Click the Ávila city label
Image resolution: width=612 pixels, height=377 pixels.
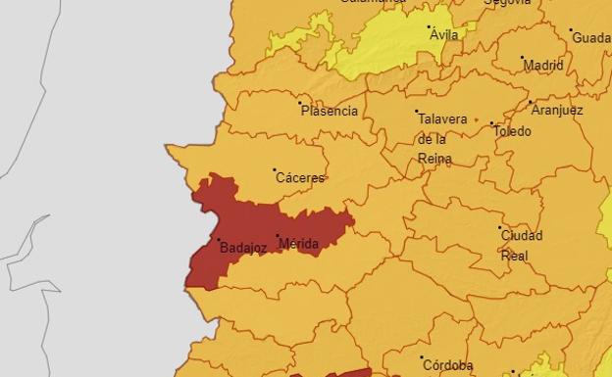[443, 35]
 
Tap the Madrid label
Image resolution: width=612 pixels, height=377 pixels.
[543, 66]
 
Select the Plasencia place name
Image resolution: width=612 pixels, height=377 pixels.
[329, 111]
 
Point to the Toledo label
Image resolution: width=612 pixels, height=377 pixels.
[512, 131]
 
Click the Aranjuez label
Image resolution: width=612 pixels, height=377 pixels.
[556, 110]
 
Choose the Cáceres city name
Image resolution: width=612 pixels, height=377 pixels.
[300, 178]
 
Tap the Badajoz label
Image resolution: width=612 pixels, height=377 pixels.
[243, 248]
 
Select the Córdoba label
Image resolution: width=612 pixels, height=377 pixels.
[447, 365]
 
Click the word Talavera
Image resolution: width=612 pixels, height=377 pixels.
[442, 119]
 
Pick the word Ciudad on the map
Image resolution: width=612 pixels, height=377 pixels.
[521, 236]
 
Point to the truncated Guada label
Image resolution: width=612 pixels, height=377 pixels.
[591, 38]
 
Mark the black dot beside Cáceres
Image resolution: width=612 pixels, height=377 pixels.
[275, 170]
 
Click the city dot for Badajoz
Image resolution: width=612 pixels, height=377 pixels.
[218, 240]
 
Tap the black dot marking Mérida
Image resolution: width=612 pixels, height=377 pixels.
[278, 236]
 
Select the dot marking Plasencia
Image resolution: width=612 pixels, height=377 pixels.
[300, 102]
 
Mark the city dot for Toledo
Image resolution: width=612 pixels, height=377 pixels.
[492, 123]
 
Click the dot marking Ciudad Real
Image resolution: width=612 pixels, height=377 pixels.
[500, 228]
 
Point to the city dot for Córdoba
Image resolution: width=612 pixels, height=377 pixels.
[422, 358]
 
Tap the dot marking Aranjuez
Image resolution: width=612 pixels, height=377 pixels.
[531, 102]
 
